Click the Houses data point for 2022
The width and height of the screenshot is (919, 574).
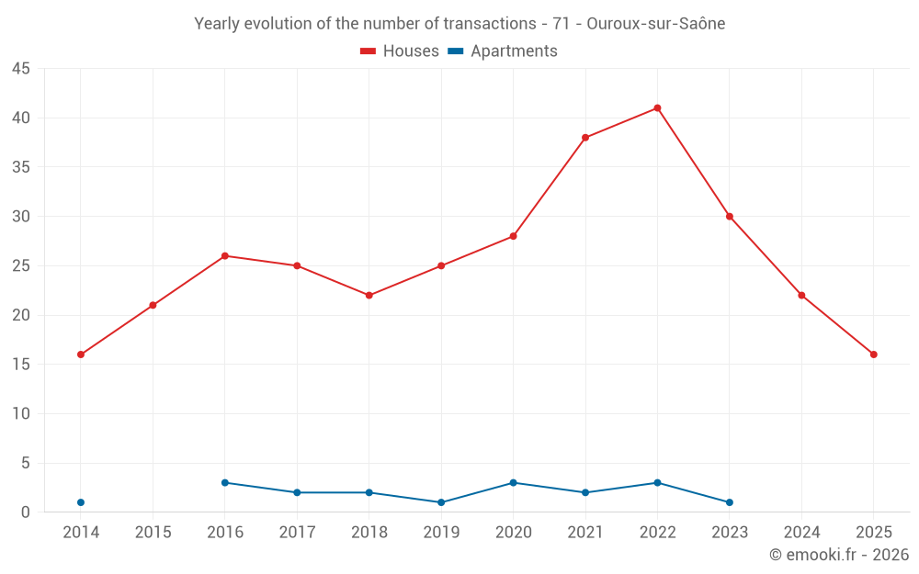click(657, 108)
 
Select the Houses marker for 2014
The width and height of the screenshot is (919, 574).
click(81, 355)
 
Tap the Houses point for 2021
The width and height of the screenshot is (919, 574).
click(585, 138)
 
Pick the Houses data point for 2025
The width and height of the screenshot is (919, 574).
click(874, 355)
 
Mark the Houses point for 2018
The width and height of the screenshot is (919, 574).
click(369, 296)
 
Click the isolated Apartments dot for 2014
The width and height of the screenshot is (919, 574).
click(81, 502)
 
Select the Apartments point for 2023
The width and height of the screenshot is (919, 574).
click(730, 502)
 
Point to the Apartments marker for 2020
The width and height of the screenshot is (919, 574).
click(513, 483)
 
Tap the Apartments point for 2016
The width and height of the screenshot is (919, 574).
click(225, 483)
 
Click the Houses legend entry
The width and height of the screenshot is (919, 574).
click(400, 51)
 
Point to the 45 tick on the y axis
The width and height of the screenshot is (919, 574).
click(21, 69)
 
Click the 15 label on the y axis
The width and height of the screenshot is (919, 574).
click(21, 365)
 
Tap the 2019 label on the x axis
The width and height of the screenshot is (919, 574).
click(441, 533)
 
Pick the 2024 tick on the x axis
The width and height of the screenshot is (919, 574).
click(801, 533)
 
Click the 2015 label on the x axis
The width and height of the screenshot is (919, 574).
click(153, 533)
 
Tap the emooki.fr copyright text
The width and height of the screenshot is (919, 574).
click(839, 555)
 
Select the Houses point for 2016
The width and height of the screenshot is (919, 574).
click(225, 256)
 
